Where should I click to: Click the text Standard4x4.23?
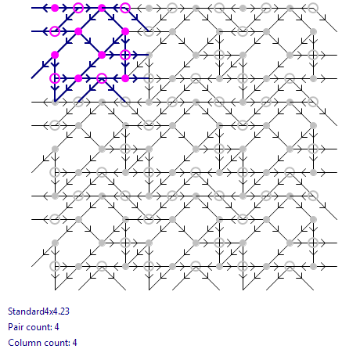click(38, 311)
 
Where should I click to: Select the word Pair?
click(15, 327)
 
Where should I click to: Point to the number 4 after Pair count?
click(56, 327)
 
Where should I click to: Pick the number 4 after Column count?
click(74, 343)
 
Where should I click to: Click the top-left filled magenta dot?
click(55, 8)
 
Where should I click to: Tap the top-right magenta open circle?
click(125, 3)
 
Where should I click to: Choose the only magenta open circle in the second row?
click(55, 27)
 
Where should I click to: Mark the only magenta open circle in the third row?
click(125, 50)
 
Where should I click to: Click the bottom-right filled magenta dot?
click(125, 78)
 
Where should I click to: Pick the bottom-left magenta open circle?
click(55, 74)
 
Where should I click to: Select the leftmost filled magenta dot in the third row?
click(55, 55)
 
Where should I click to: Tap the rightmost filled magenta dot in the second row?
click(125, 31)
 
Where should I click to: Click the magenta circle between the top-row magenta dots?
click(78, 3)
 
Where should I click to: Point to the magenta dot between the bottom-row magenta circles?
click(78, 78)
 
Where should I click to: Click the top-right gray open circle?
click(313, 3)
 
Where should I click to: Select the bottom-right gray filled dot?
click(313, 266)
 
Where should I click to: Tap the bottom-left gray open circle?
click(55, 261)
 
